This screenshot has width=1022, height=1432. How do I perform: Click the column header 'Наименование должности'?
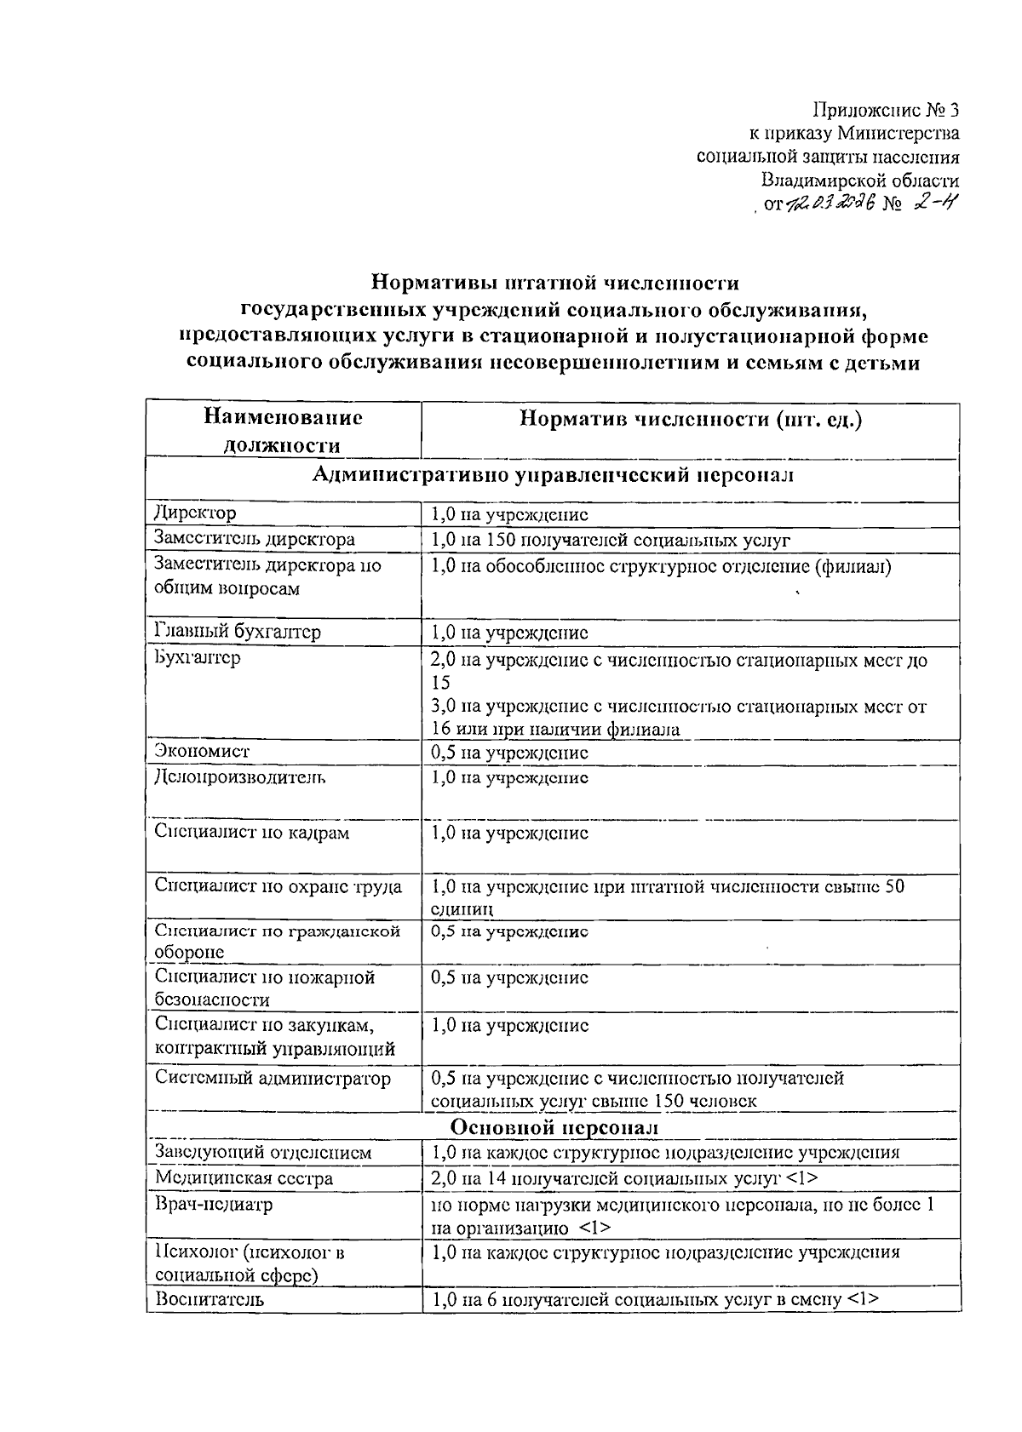[x=283, y=431]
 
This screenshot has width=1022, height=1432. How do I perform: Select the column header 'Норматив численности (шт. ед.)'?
[x=691, y=419]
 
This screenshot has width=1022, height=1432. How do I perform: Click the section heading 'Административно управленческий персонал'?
[x=553, y=475]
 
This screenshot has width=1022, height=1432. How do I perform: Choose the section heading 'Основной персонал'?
[x=554, y=1126]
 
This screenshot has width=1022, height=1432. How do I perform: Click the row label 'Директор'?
[x=196, y=513]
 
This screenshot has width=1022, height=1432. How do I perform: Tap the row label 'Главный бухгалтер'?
[x=238, y=632]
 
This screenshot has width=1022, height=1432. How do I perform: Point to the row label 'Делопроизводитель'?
[x=239, y=777]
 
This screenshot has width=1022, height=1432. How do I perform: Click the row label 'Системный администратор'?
[x=273, y=1079]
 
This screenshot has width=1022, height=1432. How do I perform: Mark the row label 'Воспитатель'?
[x=210, y=1299]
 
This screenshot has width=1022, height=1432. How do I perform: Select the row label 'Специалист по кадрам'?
[x=252, y=833]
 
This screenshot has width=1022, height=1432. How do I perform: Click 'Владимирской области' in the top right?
[x=860, y=180]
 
